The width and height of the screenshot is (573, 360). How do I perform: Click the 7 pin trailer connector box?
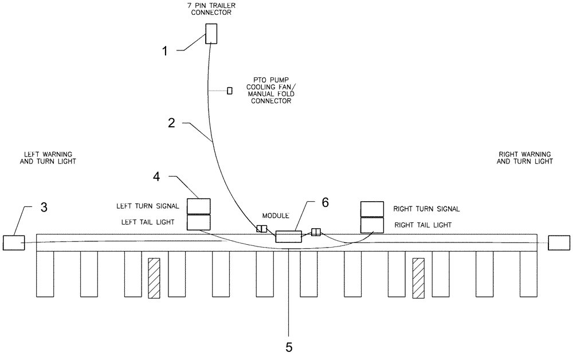(211, 33)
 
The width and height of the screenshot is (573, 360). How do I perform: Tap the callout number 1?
(164, 51)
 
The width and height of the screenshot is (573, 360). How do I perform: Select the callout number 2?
(170, 123)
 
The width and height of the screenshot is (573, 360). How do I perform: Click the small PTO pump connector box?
(230, 91)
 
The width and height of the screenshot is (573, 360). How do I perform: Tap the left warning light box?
(13, 242)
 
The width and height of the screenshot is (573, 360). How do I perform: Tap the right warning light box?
(559, 242)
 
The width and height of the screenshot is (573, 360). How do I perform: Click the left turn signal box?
(199, 206)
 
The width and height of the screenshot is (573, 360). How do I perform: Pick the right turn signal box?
(372, 209)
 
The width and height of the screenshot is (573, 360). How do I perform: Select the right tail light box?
(372, 225)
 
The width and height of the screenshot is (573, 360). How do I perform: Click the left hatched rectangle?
(154, 278)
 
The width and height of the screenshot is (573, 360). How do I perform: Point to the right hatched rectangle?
(418, 278)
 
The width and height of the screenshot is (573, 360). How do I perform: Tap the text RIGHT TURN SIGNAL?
(426, 209)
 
